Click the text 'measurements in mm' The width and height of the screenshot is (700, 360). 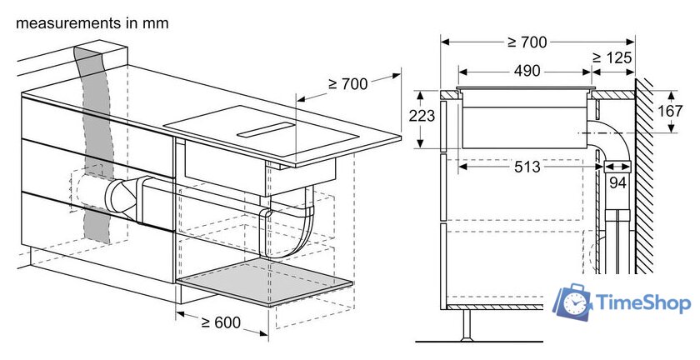(x=92, y=23)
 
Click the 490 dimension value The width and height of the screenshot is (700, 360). (x=527, y=71)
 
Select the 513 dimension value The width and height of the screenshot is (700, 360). (x=527, y=167)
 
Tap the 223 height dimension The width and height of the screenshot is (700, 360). (x=422, y=116)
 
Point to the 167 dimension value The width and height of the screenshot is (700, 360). (x=670, y=111)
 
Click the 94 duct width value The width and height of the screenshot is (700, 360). (x=617, y=182)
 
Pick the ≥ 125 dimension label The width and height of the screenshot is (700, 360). (x=612, y=57)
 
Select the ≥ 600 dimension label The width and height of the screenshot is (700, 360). (x=221, y=322)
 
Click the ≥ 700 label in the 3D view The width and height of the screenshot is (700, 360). (x=347, y=83)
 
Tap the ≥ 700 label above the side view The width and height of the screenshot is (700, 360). (x=527, y=42)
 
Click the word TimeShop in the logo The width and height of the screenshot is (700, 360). (x=642, y=303)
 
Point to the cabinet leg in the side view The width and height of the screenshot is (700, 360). (x=467, y=325)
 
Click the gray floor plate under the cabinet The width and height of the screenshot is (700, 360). (x=265, y=281)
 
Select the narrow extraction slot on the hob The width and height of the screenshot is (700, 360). (x=266, y=129)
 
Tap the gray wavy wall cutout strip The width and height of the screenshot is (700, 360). (x=93, y=143)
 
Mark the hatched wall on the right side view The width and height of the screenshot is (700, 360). (x=643, y=176)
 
